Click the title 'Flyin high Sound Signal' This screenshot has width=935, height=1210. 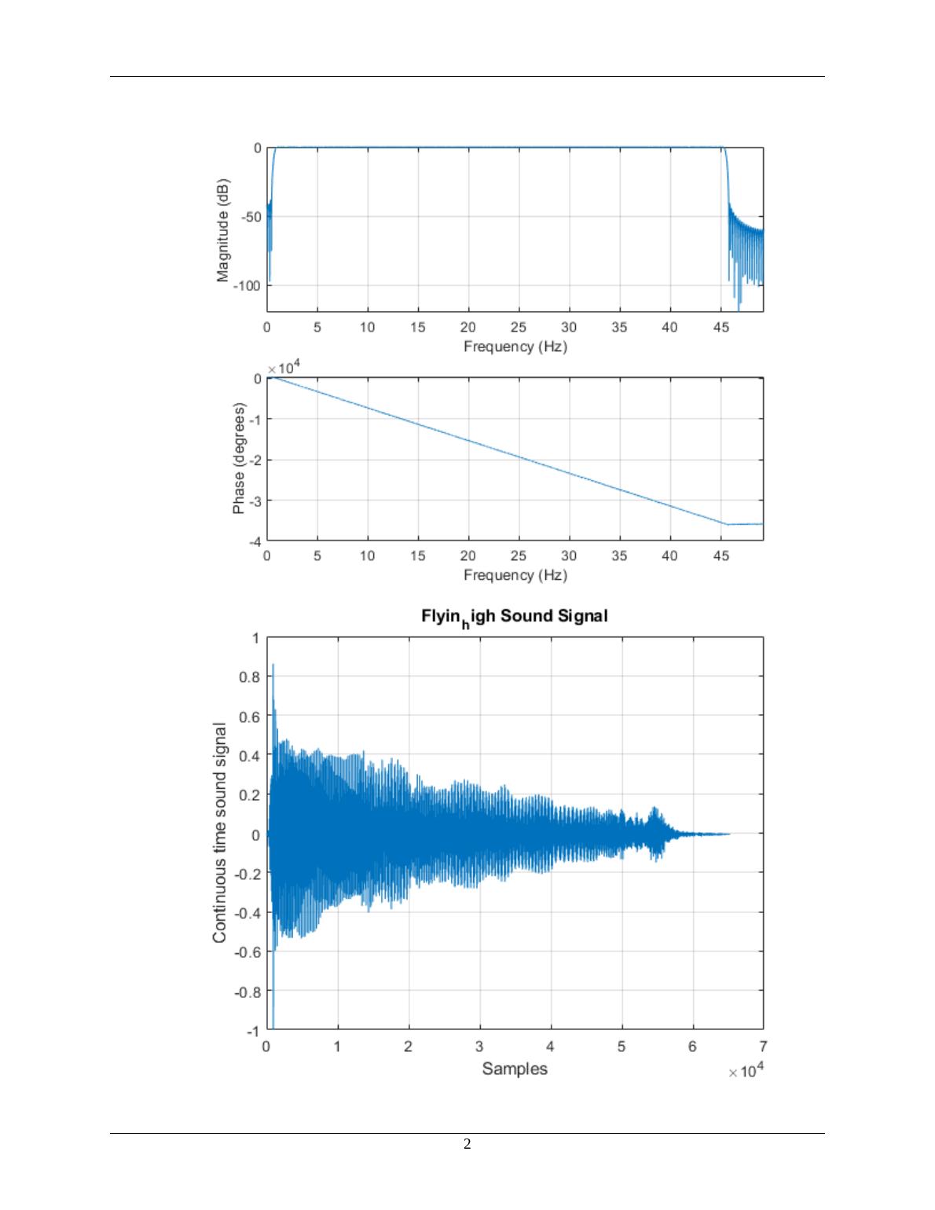pyautogui.click(x=514, y=616)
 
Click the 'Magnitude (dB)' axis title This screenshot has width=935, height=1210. pyautogui.click(x=224, y=230)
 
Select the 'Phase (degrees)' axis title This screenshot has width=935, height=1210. pyautogui.click(x=239, y=460)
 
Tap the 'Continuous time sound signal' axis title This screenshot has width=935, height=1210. pyautogui.click(x=220, y=833)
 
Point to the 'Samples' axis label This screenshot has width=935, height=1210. pyautogui.click(x=515, y=1069)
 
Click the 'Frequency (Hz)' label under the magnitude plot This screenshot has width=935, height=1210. pyautogui.click(x=515, y=346)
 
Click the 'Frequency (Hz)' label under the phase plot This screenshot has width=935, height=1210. pyautogui.click(x=515, y=575)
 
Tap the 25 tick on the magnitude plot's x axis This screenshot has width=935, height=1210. pyautogui.click(x=519, y=328)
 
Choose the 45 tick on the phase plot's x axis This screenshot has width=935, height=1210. pyautogui.click(x=720, y=556)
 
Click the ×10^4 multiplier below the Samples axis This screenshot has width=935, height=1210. pyautogui.click(x=745, y=1072)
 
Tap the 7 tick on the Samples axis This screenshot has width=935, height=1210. pyautogui.click(x=763, y=1047)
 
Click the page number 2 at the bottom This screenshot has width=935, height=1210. pyautogui.click(x=467, y=1144)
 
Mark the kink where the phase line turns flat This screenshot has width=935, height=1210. pyautogui.click(x=727, y=524)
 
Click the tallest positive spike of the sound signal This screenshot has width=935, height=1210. pyautogui.click(x=273, y=665)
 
